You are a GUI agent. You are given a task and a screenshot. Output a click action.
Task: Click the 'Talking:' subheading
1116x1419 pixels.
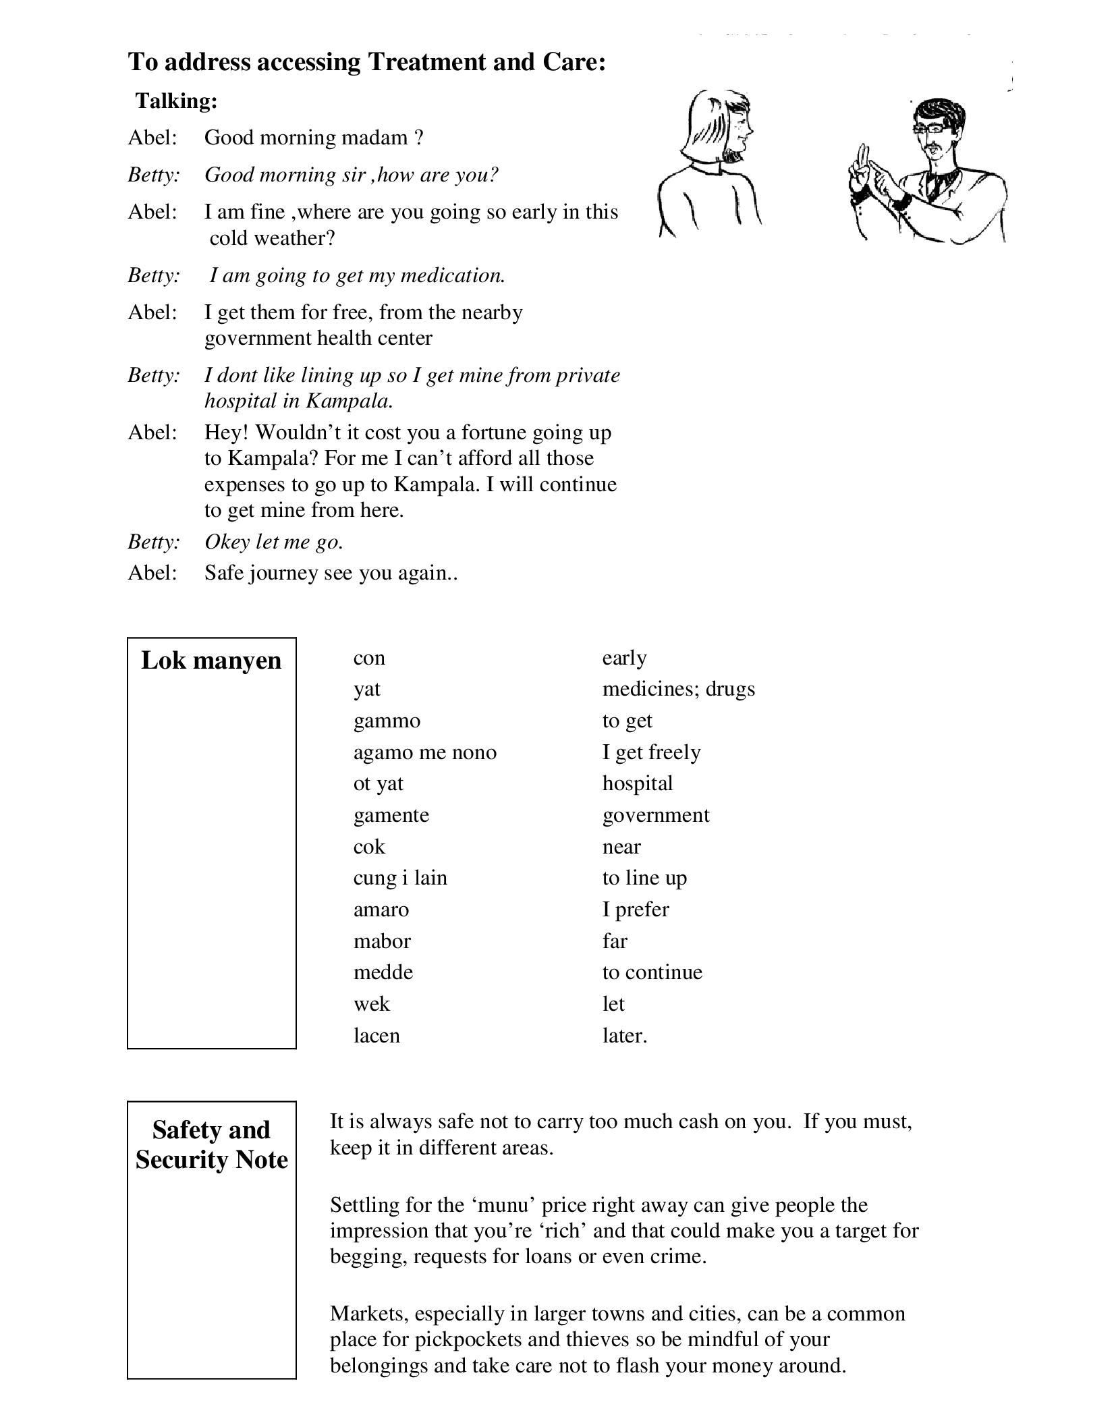click(x=176, y=101)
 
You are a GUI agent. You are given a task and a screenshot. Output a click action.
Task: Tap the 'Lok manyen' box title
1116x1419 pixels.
click(x=211, y=660)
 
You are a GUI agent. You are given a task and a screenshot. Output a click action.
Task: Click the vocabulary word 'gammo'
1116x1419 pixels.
click(x=387, y=721)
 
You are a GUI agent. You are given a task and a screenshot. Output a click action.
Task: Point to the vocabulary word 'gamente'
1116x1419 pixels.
click(x=391, y=815)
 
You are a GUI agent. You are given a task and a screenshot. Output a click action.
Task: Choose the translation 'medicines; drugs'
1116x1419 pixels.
click(x=678, y=689)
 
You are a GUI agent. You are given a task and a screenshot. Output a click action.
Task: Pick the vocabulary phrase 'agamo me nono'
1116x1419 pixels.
click(x=425, y=752)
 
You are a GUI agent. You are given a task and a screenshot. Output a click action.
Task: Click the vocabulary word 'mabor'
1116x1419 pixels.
click(x=382, y=941)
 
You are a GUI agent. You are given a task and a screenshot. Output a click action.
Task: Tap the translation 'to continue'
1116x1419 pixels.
click(x=652, y=972)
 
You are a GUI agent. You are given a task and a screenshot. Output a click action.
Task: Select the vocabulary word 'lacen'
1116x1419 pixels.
click(x=376, y=1035)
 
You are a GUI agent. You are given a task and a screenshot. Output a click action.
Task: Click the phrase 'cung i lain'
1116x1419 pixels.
click(x=400, y=878)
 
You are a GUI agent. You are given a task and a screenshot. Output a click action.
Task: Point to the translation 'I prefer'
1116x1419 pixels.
click(x=636, y=910)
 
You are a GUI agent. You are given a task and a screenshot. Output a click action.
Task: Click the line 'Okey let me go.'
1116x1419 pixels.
click(x=274, y=542)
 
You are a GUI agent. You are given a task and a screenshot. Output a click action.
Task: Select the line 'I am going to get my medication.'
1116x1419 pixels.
click(x=357, y=275)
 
